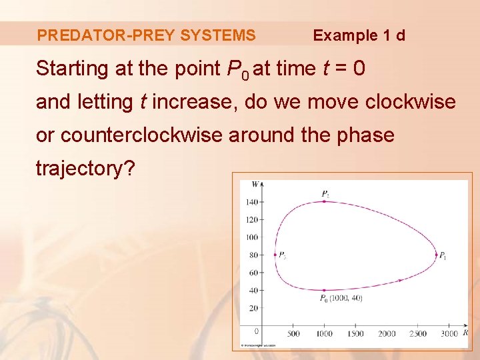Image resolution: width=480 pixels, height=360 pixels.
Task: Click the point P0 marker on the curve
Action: (324, 290)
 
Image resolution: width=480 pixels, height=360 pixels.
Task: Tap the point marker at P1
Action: (436, 255)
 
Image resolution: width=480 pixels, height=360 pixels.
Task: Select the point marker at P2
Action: (324, 201)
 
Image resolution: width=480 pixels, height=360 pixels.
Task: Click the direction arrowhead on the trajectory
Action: (399, 280)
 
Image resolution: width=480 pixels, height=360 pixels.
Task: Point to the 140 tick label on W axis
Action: (251, 201)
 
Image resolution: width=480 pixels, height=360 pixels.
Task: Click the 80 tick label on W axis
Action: (253, 255)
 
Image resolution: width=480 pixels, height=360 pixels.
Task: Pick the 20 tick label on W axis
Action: (253, 308)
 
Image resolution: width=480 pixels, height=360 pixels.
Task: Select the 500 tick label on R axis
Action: (293, 334)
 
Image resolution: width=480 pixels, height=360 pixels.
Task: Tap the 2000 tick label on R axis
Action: (387, 334)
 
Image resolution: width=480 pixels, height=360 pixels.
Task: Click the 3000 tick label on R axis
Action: (449, 334)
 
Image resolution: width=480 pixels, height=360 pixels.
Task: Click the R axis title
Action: (465, 332)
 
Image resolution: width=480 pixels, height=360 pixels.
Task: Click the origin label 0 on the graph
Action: (257, 331)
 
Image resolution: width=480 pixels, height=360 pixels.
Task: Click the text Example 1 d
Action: (359, 35)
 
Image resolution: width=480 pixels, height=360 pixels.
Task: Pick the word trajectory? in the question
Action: (85, 169)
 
